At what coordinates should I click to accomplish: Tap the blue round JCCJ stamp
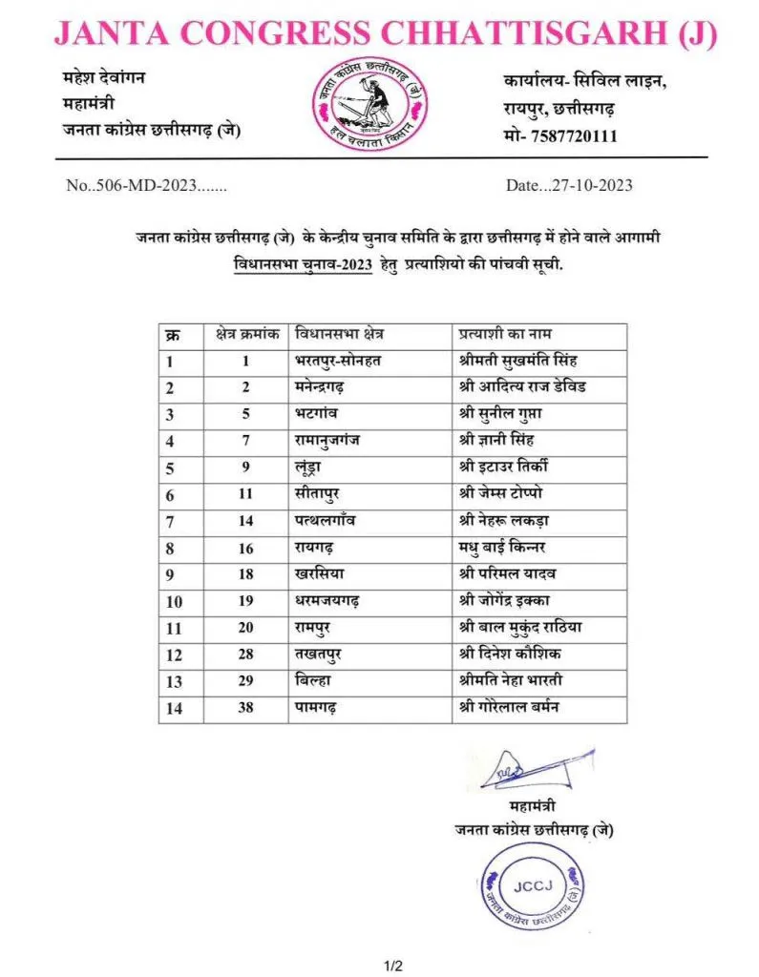(532, 890)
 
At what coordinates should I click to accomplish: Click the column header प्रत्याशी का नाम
(505, 335)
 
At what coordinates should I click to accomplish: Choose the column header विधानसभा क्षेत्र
(344, 335)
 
